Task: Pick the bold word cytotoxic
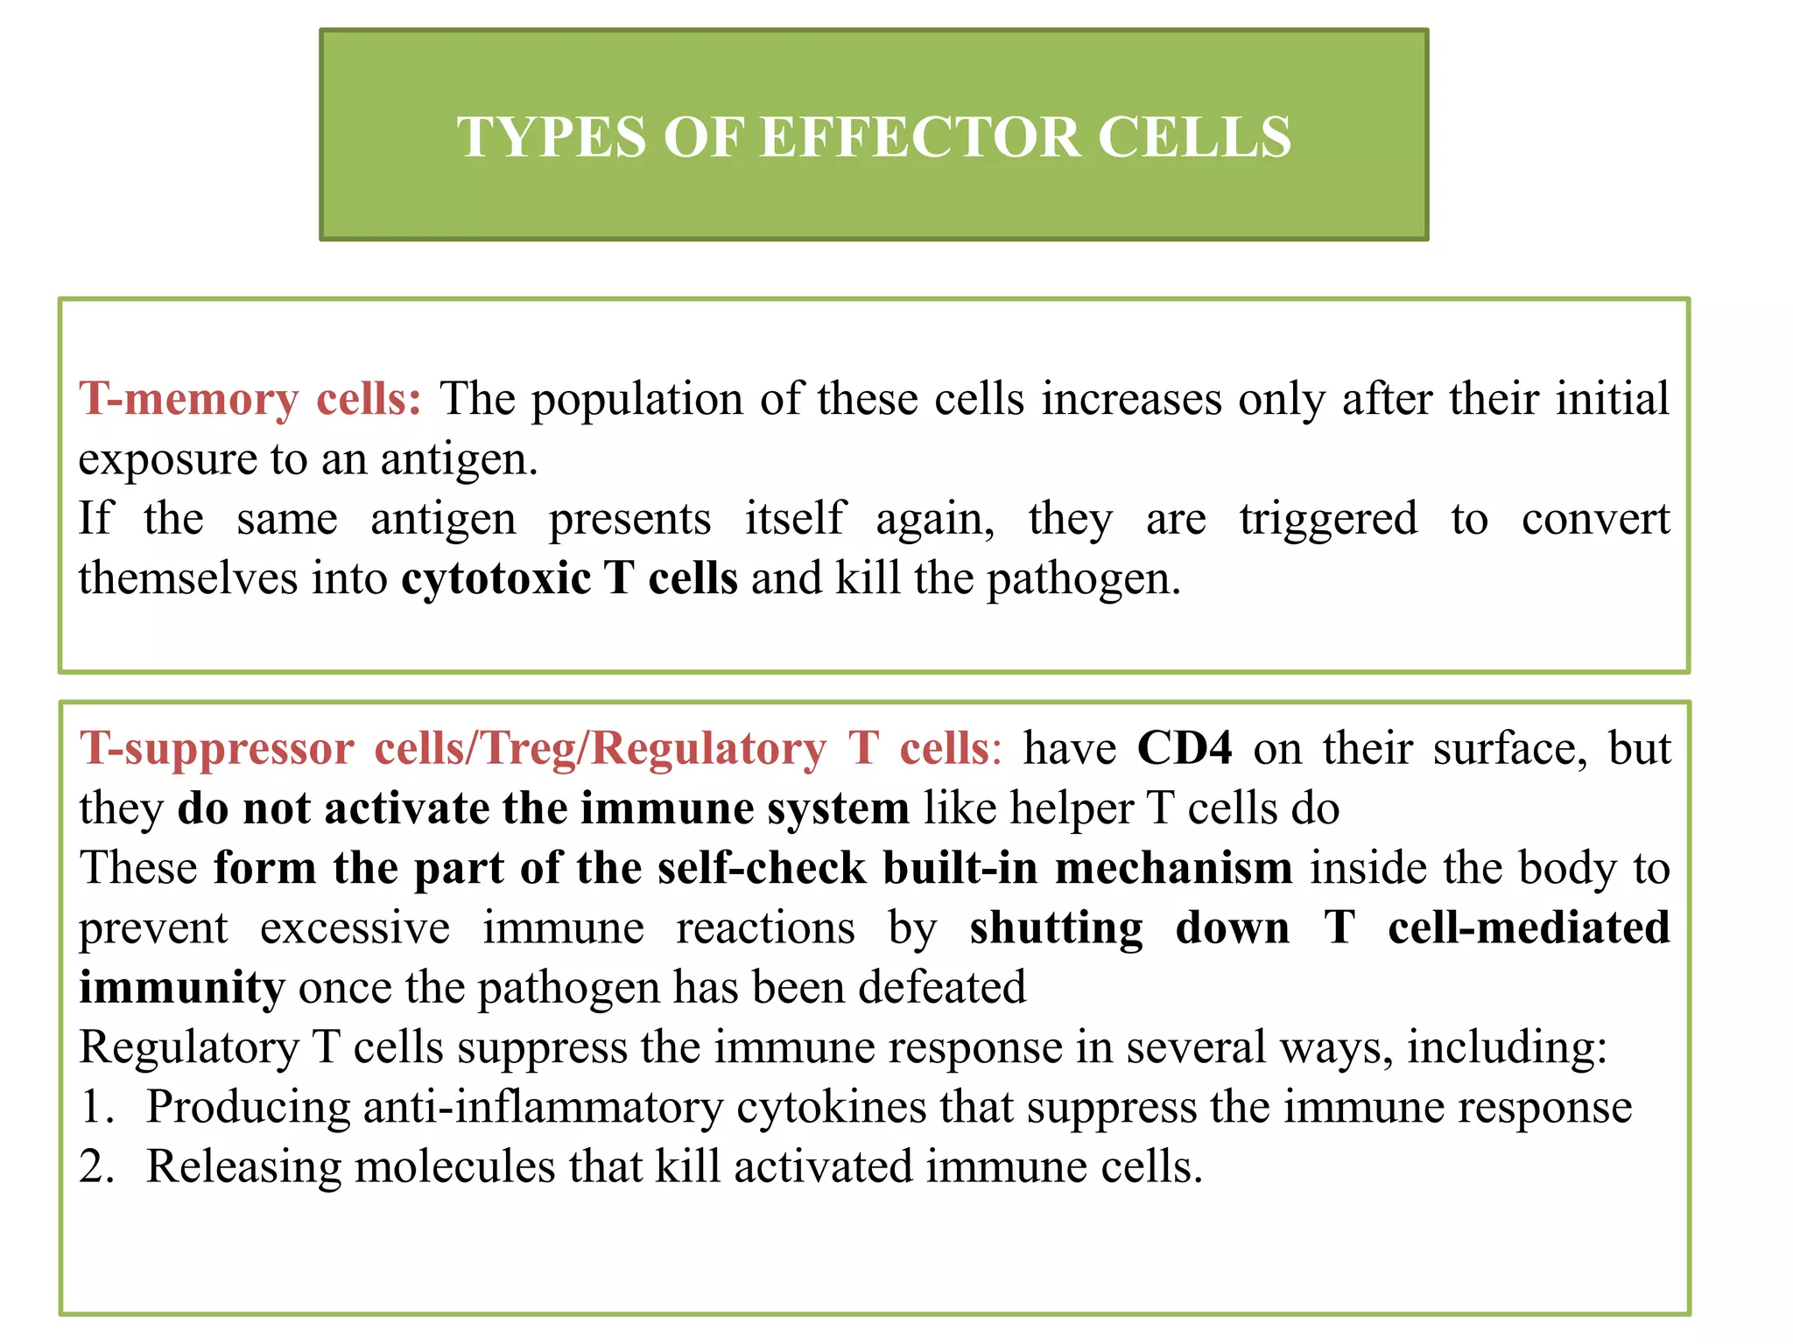coord(496,579)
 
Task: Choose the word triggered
coord(1327,520)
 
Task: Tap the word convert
coord(1595,519)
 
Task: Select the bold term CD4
coord(1185,749)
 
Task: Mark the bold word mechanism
coord(1173,868)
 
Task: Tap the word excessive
coord(355,927)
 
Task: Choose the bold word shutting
coord(1056,929)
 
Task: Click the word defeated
coord(942,988)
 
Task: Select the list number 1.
coord(95,1107)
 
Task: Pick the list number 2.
coord(95,1166)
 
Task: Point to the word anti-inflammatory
coord(543,1107)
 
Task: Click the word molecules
coord(454,1166)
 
